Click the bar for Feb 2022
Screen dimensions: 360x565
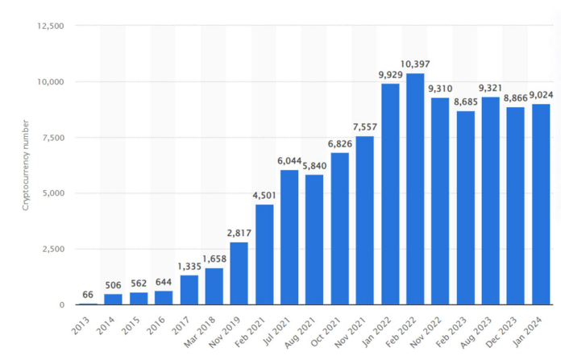pyautogui.click(x=415, y=189)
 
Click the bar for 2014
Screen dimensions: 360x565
pyautogui.click(x=114, y=300)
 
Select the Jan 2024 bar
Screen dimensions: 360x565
pyautogui.click(x=540, y=205)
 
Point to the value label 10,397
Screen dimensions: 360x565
pyautogui.click(x=415, y=64)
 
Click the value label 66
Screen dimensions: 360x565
pyautogui.click(x=89, y=295)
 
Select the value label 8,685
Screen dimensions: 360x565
pyautogui.click(x=465, y=101)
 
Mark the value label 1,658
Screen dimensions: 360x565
pyautogui.click(x=214, y=259)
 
